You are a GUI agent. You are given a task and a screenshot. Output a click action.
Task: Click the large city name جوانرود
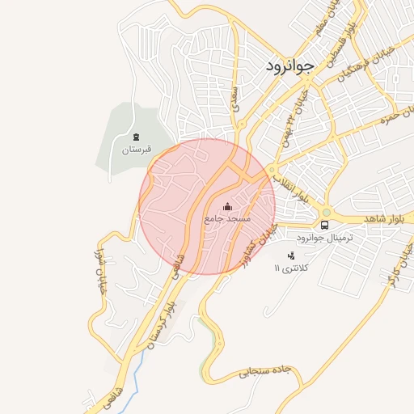[x=289, y=68]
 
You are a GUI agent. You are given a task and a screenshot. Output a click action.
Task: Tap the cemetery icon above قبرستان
[x=136, y=137]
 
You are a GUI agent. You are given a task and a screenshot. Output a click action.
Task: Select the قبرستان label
[x=136, y=150]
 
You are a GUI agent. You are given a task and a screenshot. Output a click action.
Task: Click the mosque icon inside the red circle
[x=227, y=205]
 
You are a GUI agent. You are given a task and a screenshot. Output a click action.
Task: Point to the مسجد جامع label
[x=227, y=219]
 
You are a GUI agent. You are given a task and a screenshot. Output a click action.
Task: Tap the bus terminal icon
[x=324, y=224]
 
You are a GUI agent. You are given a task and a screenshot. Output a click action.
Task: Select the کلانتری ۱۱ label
[x=290, y=268]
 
